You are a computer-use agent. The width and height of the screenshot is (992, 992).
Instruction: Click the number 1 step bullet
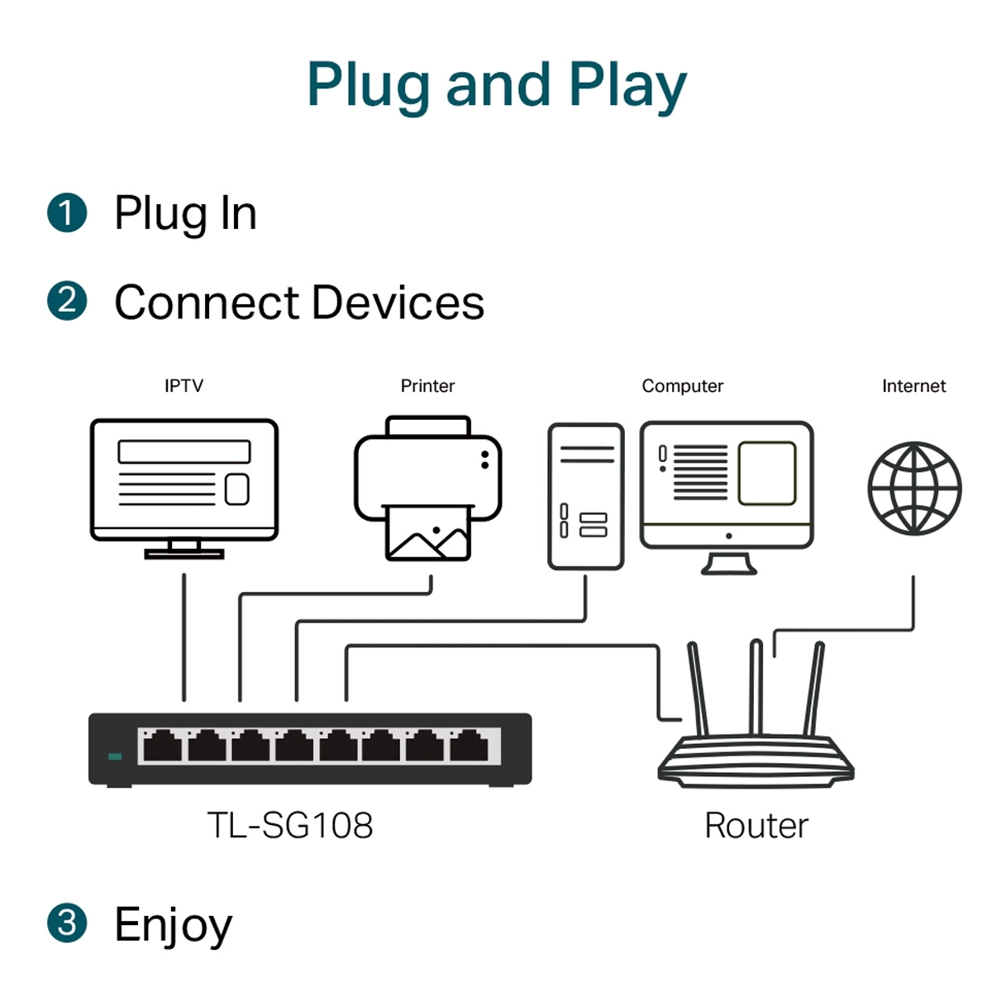tap(67, 213)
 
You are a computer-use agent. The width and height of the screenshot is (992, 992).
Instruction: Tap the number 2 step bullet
tap(67, 301)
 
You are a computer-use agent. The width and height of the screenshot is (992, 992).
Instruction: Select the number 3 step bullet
tap(67, 923)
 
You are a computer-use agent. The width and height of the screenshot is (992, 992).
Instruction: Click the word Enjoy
tap(174, 924)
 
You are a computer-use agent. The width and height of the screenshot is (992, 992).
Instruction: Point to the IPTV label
tap(184, 385)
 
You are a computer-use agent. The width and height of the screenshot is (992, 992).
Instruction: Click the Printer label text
tap(427, 385)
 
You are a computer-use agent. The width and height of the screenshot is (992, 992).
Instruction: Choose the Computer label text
tap(682, 385)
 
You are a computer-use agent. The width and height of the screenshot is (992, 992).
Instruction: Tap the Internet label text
tap(913, 385)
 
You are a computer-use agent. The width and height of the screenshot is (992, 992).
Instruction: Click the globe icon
tap(914, 488)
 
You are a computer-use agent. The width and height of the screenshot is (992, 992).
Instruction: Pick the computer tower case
tap(585, 496)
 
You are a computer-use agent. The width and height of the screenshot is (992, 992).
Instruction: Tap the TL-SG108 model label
tap(290, 825)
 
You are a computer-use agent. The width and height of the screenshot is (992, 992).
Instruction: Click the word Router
tap(756, 825)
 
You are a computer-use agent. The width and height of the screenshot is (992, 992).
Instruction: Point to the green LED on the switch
tap(115, 756)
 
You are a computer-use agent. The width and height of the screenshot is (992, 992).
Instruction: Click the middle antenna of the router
tap(756, 686)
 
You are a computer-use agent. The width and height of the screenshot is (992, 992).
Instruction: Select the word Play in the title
tap(627, 86)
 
